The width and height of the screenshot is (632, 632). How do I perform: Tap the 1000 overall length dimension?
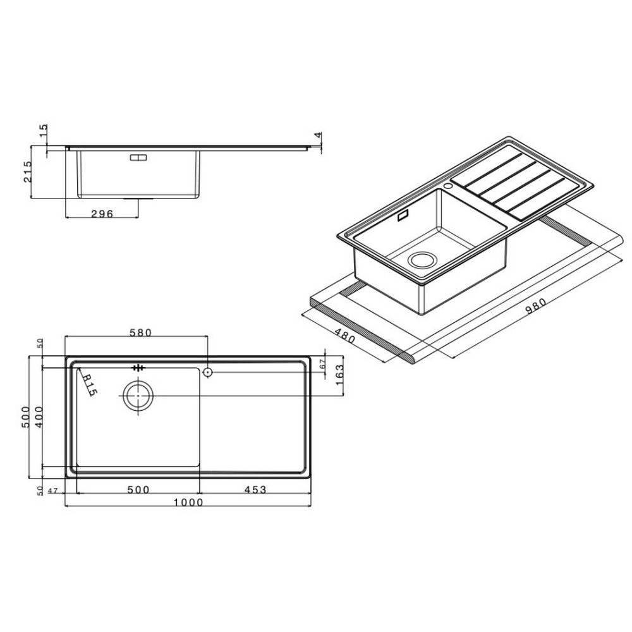pos(188,502)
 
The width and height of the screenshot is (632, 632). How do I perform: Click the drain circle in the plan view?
pos(137,396)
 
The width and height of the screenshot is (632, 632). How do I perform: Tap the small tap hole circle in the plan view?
pos(207,373)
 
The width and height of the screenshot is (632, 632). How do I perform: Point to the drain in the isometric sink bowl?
pos(422,260)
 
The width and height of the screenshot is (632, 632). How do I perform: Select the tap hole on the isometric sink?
pos(449,186)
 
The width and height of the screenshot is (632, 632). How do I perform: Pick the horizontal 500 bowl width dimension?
pos(138,489)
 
